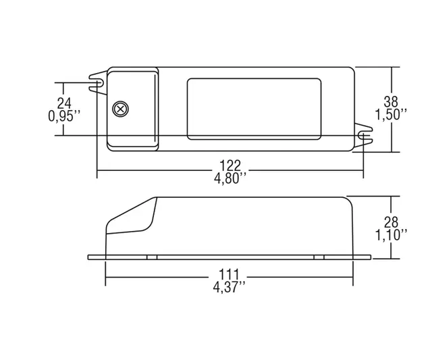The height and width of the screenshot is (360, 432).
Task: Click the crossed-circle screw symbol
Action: point(121,109)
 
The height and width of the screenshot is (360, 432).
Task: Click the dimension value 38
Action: point(391,101)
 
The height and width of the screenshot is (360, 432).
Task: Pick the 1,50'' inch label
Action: point(391,115)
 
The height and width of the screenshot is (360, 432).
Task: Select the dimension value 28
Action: point(391,222)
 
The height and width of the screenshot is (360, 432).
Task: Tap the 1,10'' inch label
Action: point(391,235)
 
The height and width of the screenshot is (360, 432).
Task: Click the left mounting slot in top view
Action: point(98,83)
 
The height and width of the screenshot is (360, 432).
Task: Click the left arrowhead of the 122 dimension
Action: point(101,171)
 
